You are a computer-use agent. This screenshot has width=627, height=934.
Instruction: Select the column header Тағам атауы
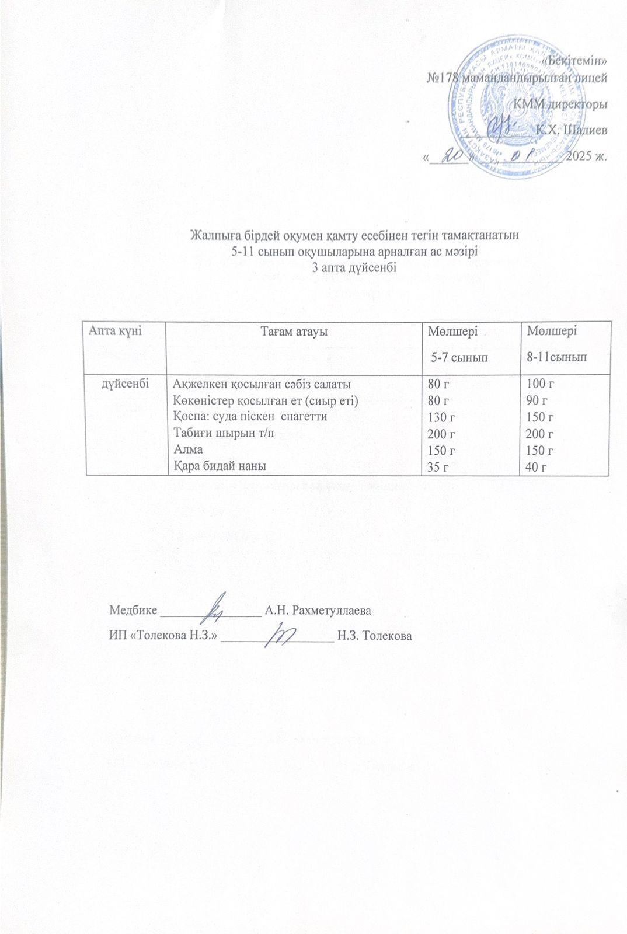click(x=294, y=332)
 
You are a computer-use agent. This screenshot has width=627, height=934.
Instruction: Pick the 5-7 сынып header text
click(x=459, y=357)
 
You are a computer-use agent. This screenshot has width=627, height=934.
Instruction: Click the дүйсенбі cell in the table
click(x=125, y=384)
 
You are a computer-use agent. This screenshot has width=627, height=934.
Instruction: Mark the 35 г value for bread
click(x=439, y=466)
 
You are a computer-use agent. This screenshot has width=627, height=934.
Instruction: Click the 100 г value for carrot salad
click(x=540, y=384)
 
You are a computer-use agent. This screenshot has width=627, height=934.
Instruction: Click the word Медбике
click(x=133, y=611)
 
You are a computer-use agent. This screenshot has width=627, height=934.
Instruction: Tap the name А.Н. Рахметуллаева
click(x=318, y=611)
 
